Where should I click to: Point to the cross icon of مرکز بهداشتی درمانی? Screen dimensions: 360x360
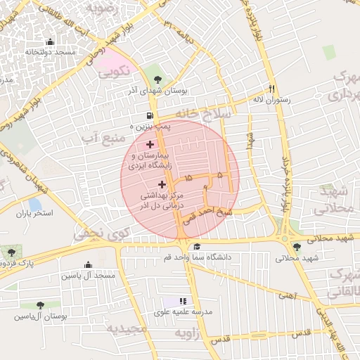click(x=162, y=184)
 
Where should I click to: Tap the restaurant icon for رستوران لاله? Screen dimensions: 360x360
click(x=271, y=89)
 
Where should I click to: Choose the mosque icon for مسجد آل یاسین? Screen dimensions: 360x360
click(x=88, y=265)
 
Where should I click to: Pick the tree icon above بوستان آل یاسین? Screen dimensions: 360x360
click(x=40, y=305)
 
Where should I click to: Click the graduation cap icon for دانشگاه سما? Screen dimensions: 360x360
click(x=197, y=247)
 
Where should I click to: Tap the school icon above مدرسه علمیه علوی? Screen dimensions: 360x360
click(x=184, y=301)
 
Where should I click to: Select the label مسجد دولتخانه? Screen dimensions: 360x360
click(x=50, y=52)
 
